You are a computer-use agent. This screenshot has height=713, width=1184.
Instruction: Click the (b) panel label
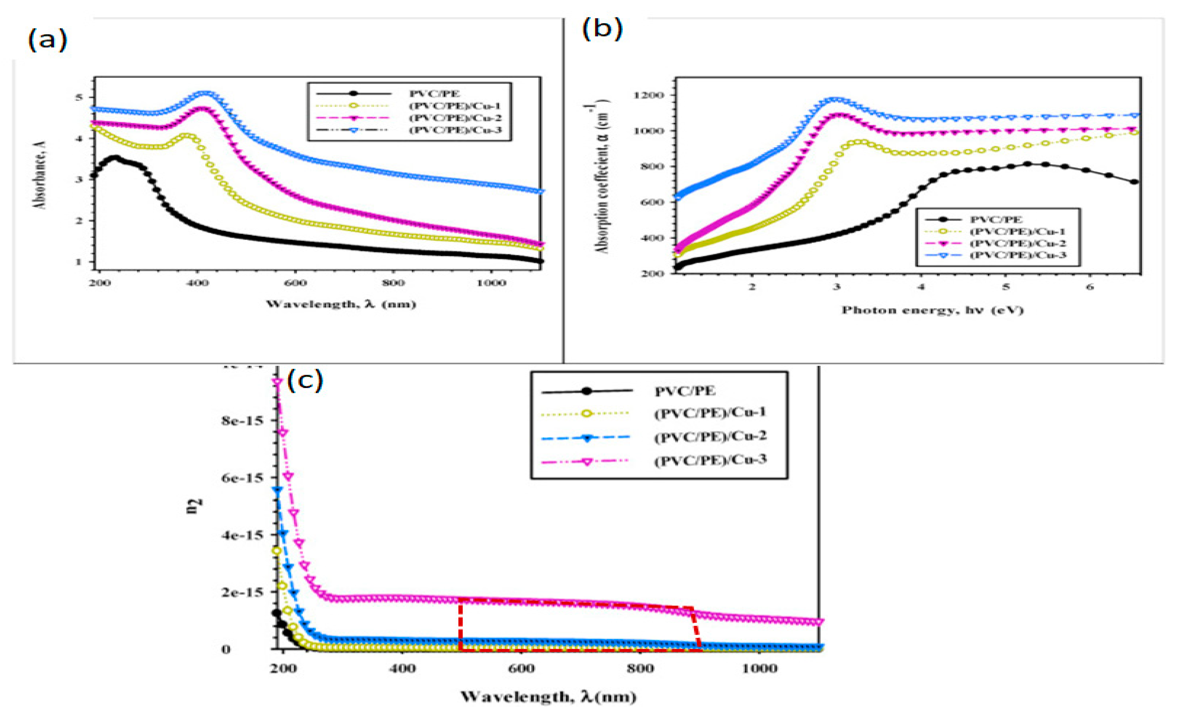pos(602,29)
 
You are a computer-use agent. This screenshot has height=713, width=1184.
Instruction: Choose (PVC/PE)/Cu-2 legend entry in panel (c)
pos(710,436)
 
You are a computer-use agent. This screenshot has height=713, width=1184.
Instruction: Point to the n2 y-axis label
pos(194,506)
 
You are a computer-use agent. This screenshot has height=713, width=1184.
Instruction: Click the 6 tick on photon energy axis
pos(1090,287)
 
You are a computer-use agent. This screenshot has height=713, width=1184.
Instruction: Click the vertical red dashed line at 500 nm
pos(460,625)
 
